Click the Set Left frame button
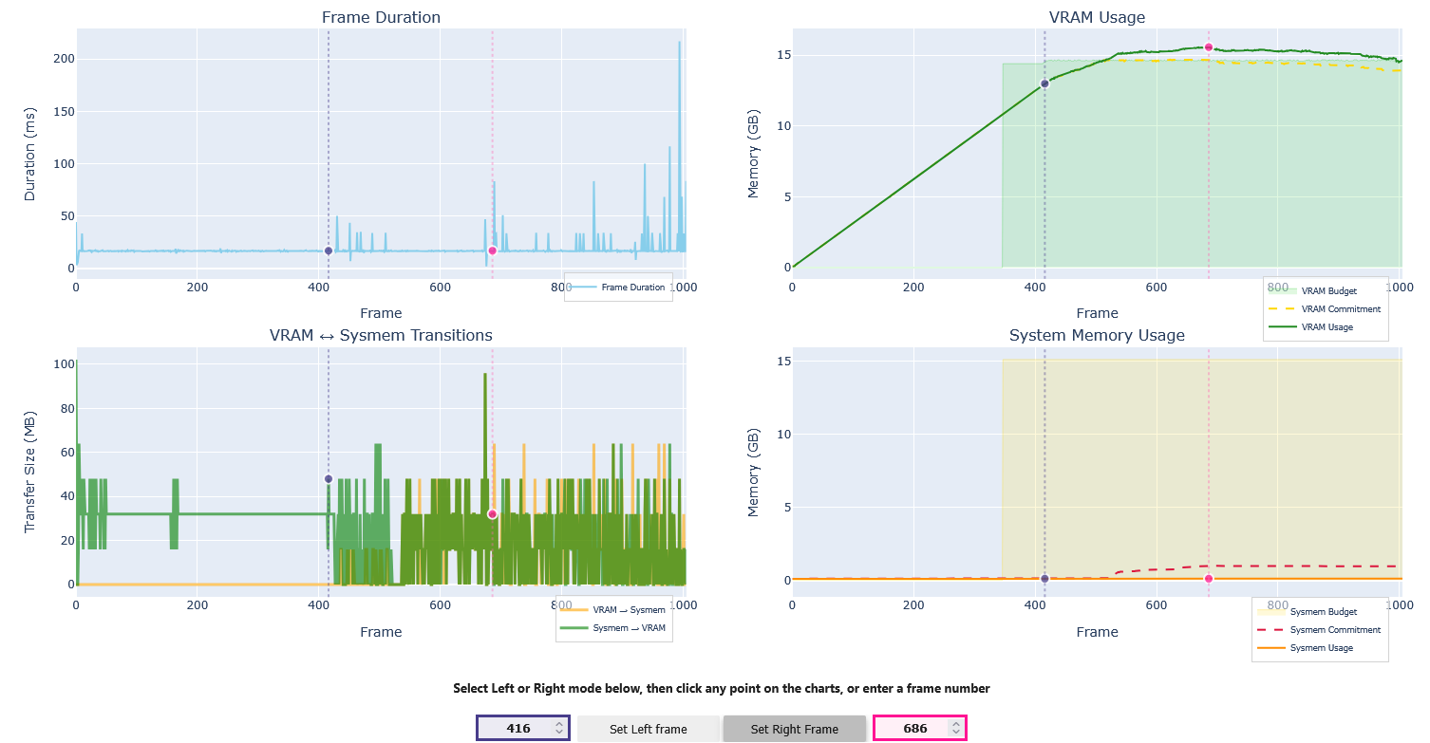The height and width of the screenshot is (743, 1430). pos(648,729)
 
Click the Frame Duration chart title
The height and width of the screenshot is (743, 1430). pos(381,17)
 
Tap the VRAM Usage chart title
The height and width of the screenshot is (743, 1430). pos(1097,17)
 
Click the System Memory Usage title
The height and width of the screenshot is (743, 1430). pos(1097,335)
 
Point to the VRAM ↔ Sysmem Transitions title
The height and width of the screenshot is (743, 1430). pos(381,335)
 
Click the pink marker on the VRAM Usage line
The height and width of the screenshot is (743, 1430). pos(1209,47)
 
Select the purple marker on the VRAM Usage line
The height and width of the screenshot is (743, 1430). pos(1044,84)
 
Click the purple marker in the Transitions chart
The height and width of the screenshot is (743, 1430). pos(329,479)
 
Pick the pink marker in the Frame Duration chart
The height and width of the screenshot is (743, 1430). pos(492,251)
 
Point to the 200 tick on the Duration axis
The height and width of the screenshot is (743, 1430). pos(63,59)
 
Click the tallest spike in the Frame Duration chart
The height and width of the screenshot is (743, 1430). pos(679,43)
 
